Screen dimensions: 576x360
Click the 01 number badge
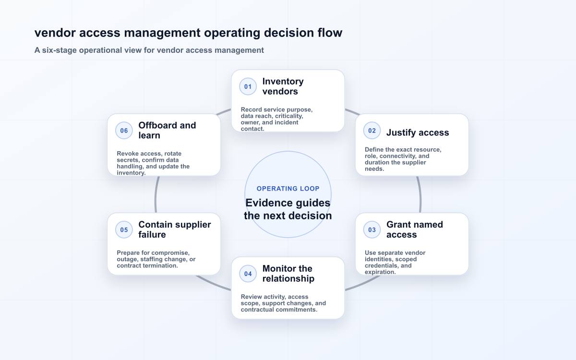pyautogui.click(x=248, y=86)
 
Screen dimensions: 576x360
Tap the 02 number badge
pyautogui.click(x=372, y=131)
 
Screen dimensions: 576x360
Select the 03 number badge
pyautogui.click(x=372, y=229)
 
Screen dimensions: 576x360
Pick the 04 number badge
pyautogui.click(x=248, y=274)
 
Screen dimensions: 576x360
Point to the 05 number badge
pyautogui.click(x=124, y=229)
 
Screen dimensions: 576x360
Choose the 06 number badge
pyautogui.click(x=124, y=131)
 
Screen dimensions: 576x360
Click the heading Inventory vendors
pyautogui.click(x=283, y=86)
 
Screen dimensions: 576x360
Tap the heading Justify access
pyautogui.click(x=418, y=132)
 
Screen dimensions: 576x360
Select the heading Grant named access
pyautogui.click(x=415, y=229)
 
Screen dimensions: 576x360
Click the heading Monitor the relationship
pyautogui.click(x=288, y=274)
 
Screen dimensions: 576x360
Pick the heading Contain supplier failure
pyautogui.click(x=175, y=229)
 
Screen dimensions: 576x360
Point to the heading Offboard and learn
pyautogui.click(x=167, y=131)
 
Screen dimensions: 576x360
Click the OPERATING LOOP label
pyautogui.click(x=288, y=189)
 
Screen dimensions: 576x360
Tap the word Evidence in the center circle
pyautogui.click(x=269, y=203)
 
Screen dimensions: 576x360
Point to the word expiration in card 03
pyautogui.click(x=380, y=272)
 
